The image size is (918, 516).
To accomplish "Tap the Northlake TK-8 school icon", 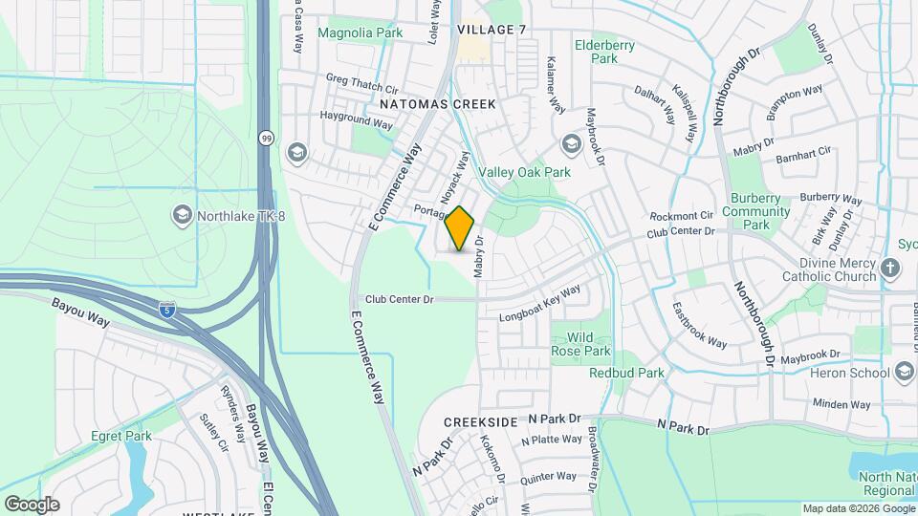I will pos(182,214).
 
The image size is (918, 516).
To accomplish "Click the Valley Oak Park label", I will pos(524,172).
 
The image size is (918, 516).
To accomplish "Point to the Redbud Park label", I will pos(626,373).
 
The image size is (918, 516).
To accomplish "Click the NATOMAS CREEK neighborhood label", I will pos(437,103).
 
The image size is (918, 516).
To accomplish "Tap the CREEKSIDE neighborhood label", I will pos(480,421).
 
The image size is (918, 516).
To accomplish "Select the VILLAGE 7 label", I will pos(492,30).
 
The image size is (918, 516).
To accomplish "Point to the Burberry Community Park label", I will pos(756,211).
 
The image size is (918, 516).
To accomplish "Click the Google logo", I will pos(32,504).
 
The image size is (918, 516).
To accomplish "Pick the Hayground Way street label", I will pos(357,119).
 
